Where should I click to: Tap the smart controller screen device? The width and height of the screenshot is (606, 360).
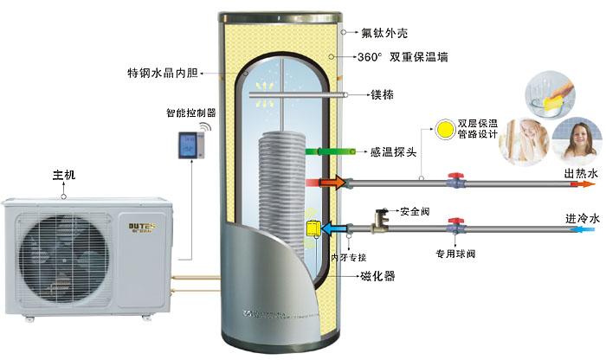point(189,143)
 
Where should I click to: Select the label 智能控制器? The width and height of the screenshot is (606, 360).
point(190,112)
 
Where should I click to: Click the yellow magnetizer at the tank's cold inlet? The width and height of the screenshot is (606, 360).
point(309,228)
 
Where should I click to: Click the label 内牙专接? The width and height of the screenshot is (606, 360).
point(352,256)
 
